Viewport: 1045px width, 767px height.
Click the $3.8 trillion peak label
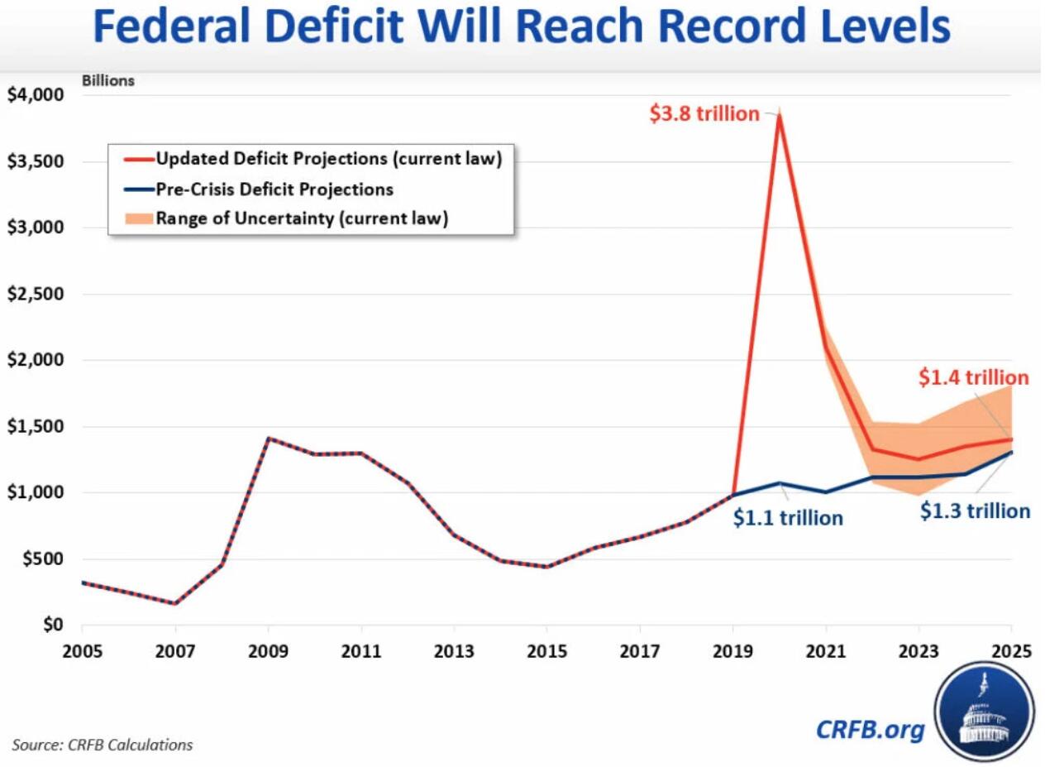704,114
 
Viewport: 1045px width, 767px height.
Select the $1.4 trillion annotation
973,378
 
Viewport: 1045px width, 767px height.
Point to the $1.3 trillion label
975,511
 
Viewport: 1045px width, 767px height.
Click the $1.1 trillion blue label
788,519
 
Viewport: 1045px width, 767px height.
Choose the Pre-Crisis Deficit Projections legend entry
274,189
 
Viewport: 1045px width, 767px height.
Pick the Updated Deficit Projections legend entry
328,158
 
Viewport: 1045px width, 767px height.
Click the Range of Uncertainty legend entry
302,219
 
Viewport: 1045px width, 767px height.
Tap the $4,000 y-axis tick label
35,94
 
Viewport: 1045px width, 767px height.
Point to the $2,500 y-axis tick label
35,294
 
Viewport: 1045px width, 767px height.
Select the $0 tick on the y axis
51,625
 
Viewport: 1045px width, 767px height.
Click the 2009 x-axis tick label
267,650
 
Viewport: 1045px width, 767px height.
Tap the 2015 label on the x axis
546,650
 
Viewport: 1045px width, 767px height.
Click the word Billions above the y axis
107,81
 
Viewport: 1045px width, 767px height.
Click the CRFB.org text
870,729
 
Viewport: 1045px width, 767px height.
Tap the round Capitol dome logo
984,711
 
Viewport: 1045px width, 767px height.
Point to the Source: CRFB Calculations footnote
103,745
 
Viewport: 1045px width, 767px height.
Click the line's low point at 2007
174,603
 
